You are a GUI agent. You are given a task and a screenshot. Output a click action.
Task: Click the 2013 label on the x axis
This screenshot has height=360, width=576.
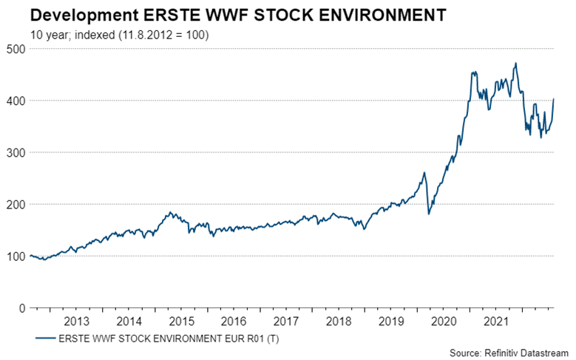click(x=77, y=322)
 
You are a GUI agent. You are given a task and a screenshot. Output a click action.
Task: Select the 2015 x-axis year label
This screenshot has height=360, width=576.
click(x=181, y=322)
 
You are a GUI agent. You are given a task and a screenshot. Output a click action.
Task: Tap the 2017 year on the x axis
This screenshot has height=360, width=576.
click(x=286, y=322)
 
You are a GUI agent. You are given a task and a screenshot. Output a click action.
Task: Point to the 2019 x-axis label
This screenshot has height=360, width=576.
click(x=390, y=322)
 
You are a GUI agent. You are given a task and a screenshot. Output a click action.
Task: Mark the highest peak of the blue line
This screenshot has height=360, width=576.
click(x=515, y=64)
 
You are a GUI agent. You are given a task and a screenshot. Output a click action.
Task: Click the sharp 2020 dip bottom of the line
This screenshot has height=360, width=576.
click(x=429, y=214)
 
